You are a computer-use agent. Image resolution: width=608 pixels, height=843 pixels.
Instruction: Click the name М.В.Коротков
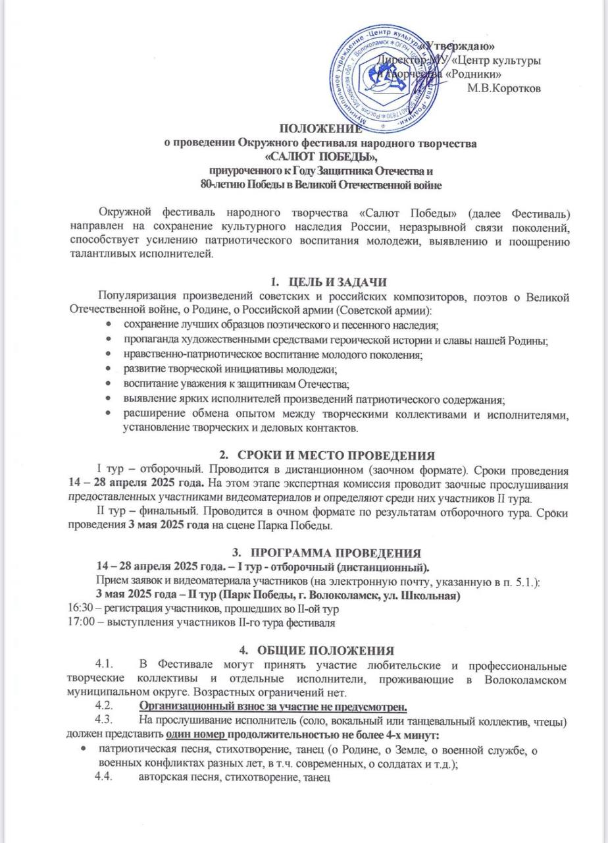(x=503, y=88)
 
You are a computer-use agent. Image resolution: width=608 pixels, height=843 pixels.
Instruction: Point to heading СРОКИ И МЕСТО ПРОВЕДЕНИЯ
(x=336, y=454)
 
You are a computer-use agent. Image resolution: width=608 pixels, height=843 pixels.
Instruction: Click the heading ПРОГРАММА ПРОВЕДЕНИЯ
(x=336, y=552)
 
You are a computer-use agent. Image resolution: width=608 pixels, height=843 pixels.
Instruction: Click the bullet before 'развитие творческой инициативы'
(x=109, y=368)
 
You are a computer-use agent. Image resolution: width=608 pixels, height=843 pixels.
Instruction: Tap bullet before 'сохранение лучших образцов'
(x=109, y=325)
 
